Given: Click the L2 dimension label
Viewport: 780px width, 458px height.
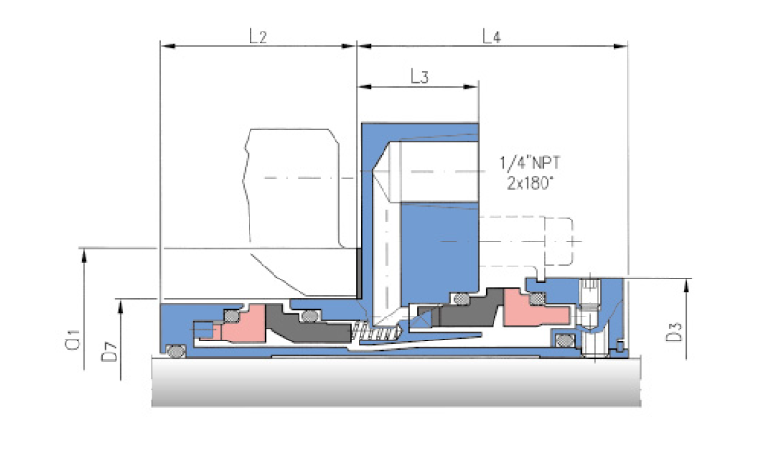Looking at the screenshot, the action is pos(258,36).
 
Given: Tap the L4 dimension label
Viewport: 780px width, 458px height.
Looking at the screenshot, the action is pos(492,36).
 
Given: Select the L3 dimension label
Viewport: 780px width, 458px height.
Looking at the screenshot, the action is pos(420,77).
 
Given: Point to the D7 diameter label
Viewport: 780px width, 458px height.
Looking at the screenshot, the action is pos(110,352).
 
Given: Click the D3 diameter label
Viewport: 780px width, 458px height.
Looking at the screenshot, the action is pos(675,332).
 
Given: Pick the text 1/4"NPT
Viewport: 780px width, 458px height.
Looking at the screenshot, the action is pos(530,163).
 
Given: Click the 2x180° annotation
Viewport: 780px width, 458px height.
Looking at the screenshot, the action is pos(530,183).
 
